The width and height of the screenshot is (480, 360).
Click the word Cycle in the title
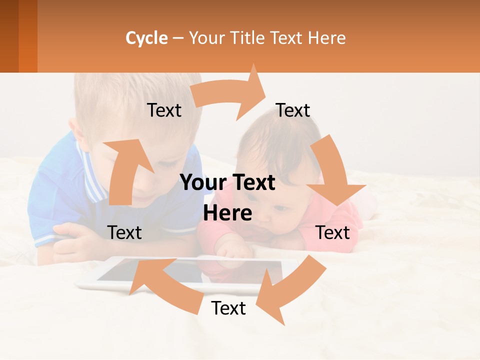pyautogui.click(x=146, y=38)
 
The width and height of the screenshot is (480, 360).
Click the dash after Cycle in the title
pyautogui.click(x=178, y=38)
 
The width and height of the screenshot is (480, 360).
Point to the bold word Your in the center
pyautogui.click(x=202, y=183)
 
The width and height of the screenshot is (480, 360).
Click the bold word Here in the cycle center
pyautogui.click(x=227, y=213)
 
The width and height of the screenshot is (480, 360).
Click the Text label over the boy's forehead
pyautogui.click(x=164, y=110)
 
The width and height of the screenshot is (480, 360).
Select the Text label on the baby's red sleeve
pyautogui.click(x=333, y=232)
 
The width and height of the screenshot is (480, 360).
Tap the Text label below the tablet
pyautogui.click(x=228, y=308)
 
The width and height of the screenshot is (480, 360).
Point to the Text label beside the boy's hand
pyautogui.click(x=124, y=232)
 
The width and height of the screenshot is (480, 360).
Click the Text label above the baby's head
pyautogui.click(x=293, y=110)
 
